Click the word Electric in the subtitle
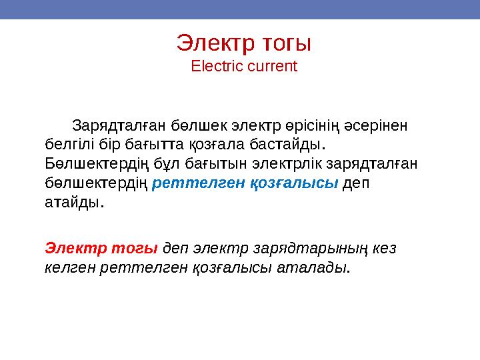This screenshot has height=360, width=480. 211,67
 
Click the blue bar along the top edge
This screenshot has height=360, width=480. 240,9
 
